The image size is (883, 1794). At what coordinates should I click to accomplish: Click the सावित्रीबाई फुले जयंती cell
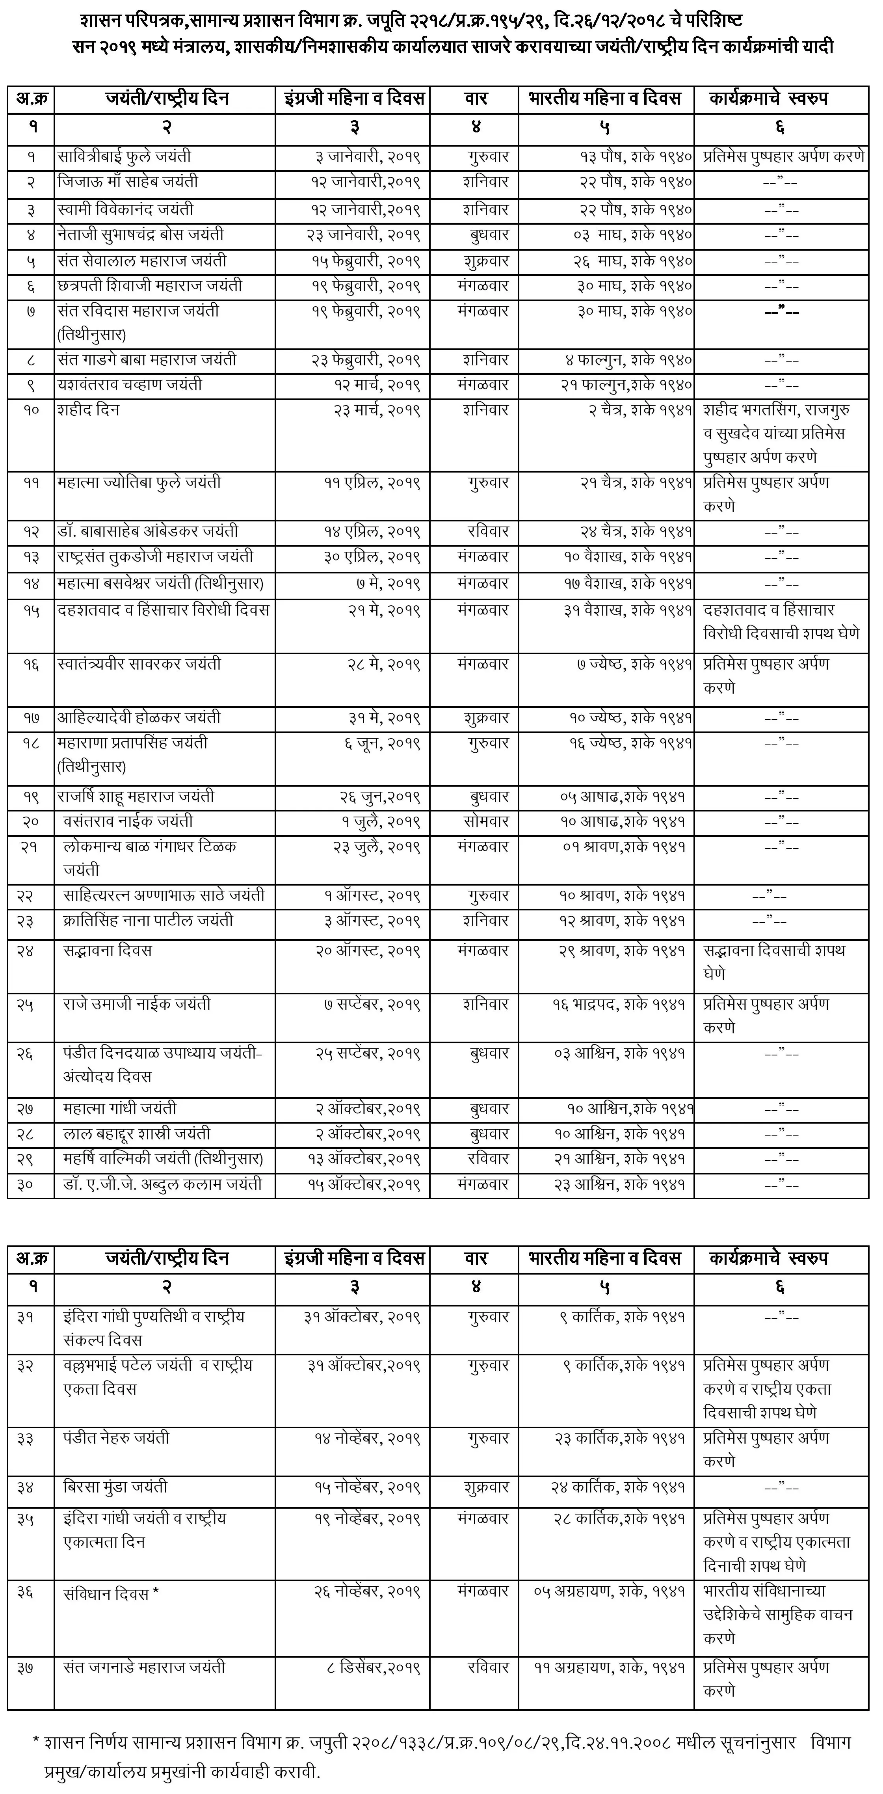(125, 157)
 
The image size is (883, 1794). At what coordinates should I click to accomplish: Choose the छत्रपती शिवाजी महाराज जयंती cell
(150, 286)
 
